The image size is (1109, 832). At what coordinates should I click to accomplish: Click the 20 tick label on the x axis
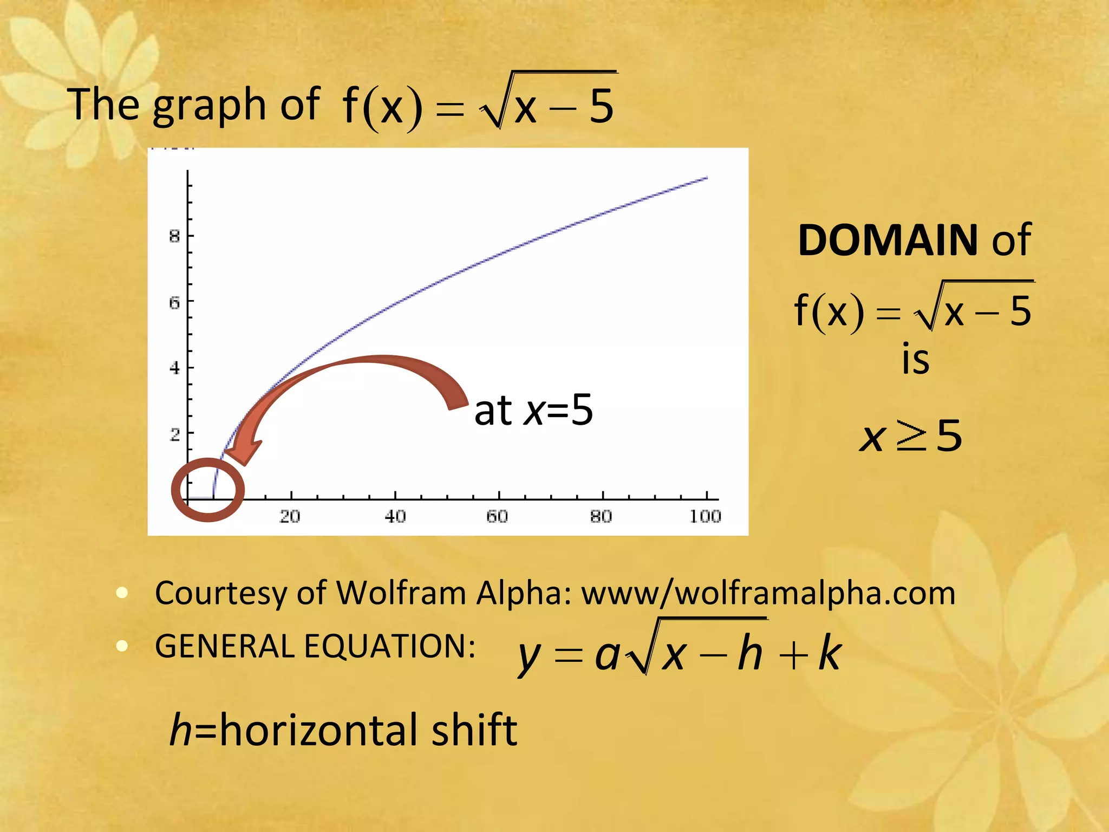[x=290, y=516]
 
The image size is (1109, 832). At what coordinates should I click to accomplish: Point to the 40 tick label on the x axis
[x=395, y=516]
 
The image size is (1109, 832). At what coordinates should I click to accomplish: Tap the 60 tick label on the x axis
[x=497, y=516]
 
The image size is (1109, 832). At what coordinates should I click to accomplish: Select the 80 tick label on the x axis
[x=601, y=516]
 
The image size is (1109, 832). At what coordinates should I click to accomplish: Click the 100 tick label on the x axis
[x=705, y=516]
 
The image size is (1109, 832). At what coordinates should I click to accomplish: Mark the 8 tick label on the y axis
[x=174, y=236]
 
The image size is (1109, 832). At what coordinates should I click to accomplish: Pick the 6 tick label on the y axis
[x=174, y=302]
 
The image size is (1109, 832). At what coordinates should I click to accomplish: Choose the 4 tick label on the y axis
[x=174, y=368]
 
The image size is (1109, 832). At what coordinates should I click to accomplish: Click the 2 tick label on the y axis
[x=174, y=434]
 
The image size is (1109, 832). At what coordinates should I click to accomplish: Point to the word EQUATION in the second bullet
[x=389, y=646]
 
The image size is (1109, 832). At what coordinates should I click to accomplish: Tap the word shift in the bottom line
[x=474, y=730]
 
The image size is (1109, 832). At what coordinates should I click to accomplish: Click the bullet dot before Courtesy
[x=122, y=592]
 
